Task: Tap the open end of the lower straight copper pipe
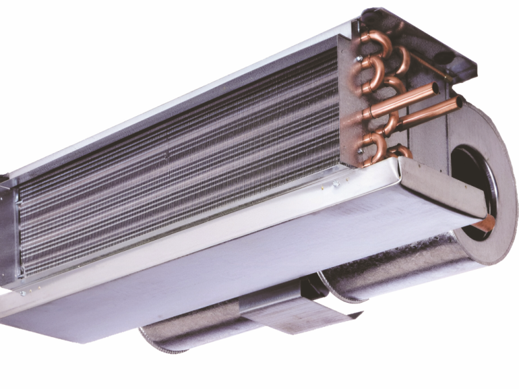tap(458, 102)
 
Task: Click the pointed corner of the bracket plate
tap(361, 316)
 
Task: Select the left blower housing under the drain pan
tap(188, 334)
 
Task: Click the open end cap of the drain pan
tap(441, 188)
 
